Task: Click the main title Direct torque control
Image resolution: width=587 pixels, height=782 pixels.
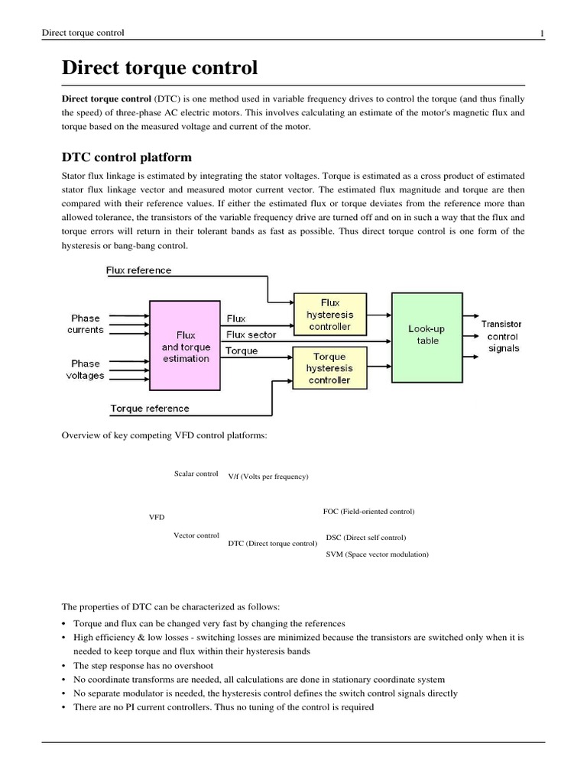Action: [159, 68]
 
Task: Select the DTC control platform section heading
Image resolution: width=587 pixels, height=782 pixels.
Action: [126, 157]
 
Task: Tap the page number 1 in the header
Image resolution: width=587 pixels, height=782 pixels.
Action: [542, 33]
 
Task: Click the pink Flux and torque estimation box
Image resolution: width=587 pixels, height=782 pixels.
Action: [185, 347]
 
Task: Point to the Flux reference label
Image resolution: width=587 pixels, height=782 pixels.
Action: [138, 270]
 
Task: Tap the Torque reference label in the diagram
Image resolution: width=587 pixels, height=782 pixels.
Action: [150, 409]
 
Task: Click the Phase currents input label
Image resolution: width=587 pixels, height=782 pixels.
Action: [86, 324]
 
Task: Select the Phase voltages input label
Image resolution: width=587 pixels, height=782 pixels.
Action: [86, 370]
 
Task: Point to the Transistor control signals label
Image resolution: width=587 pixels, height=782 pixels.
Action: [501, 336]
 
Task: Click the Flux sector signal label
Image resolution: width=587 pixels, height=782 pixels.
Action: [251, 334]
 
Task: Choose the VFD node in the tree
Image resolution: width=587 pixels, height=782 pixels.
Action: [156, 517]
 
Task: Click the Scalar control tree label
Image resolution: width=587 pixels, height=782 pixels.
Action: [196, 473]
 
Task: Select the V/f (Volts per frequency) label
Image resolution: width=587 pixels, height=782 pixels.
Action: [268, 477]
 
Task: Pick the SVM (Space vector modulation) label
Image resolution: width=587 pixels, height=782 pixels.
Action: [377, 554]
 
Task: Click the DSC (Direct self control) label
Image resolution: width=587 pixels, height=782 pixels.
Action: [365, 538]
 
